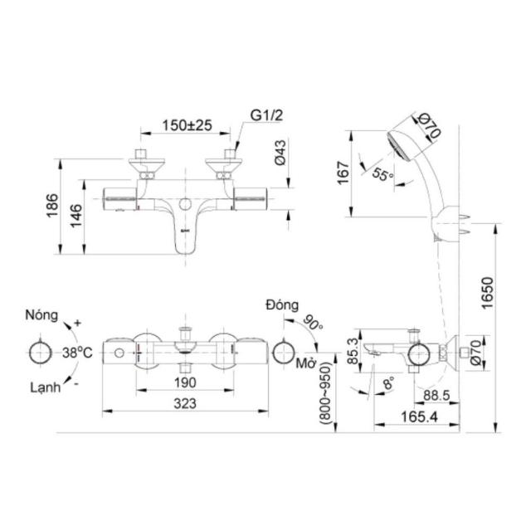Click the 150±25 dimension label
tap(187, 125)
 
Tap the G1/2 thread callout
tap(266, 115)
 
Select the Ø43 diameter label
tap(280, 153)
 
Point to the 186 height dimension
tap(52, 205)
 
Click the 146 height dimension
tap(76, 216)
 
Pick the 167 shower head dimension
tap(343, 173)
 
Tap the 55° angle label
tap(382, 174)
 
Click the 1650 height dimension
tap(487, 293)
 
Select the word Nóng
tap(41, 315)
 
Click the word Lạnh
tap(46, 387)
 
